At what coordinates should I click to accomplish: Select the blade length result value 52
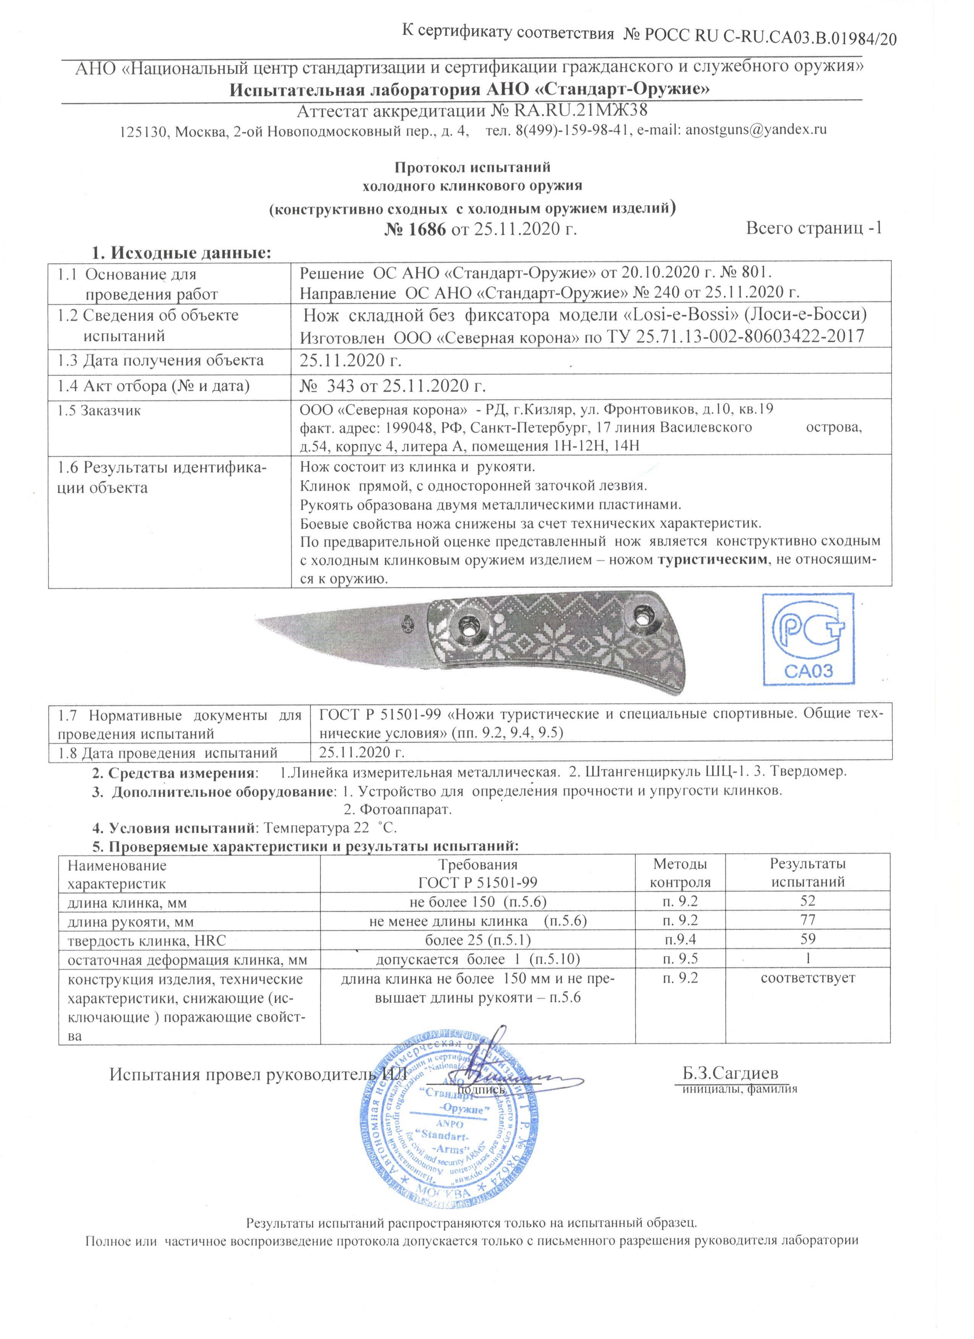(x=807, y=901)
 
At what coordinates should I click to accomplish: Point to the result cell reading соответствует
(x=807, y=978)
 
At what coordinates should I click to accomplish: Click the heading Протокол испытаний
(x=472, y=168)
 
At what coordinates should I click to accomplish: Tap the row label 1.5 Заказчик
(x=99, y=411)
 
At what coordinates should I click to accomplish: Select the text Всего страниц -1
(x=814, y=228)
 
